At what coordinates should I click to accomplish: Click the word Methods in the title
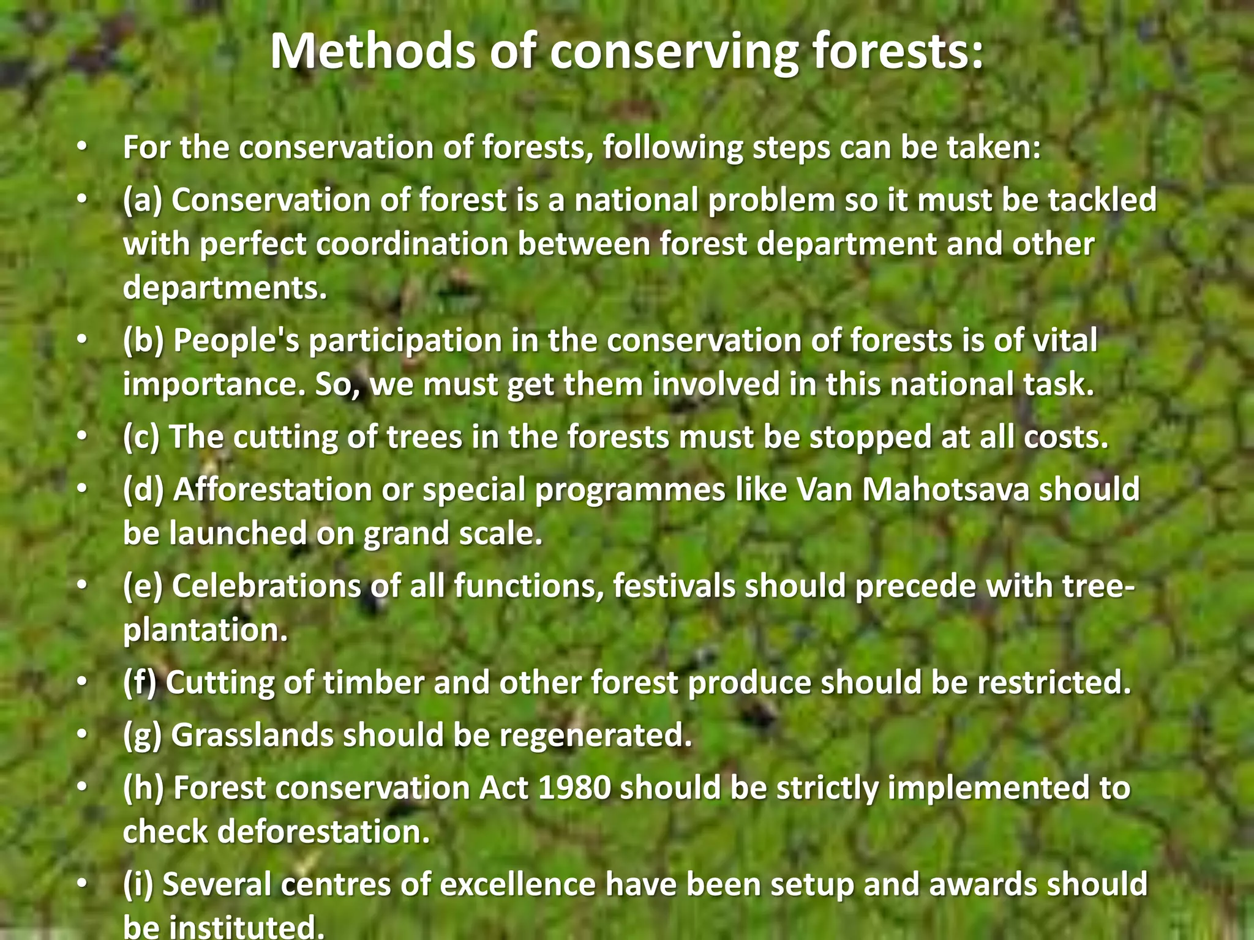(x=373, y=51)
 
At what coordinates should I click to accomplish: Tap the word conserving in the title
(x=674, y=51)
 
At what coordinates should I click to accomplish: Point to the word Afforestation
(x=273, y=490)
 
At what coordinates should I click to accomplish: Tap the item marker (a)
(x=142, y=200)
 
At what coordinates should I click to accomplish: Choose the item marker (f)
(x=140, y=682)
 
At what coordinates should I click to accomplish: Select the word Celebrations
(x=266, y=586)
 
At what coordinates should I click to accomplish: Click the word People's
(x=236, y=340)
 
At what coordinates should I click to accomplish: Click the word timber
(x=374, y=682)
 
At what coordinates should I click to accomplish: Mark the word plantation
(x=205, y=630)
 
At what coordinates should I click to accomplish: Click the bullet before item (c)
(x=83, y=437)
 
